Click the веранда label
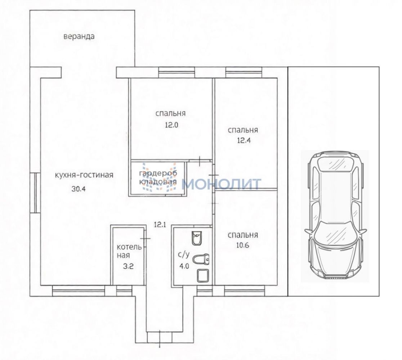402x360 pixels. tap(79, 36)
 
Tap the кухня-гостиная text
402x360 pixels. tap(84, 175)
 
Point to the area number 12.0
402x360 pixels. tap(170, 125)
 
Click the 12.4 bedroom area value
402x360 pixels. tap(243, 140)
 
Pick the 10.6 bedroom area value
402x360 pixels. tap(243, 245)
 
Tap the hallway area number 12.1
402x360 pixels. tap(160, 225)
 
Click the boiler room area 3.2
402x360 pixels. tap(128, 266)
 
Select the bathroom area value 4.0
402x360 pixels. tap(184, 266)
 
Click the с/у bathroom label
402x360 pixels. tap(184, 255)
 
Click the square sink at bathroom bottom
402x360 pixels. tap(203, 275)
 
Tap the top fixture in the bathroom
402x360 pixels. tap(197, 238)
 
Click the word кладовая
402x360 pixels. tap(158, 182)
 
